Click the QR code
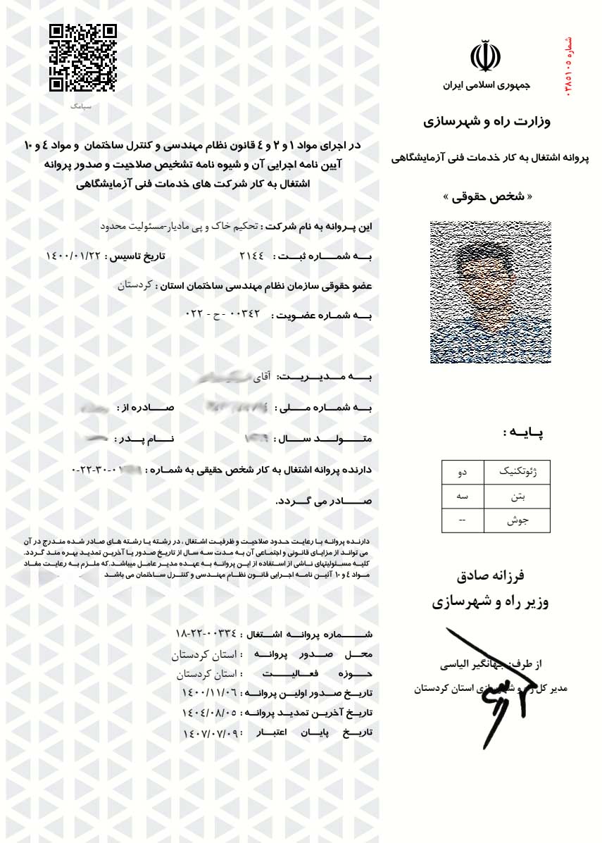[x=82, y=58]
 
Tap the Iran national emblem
[x=485, y=56]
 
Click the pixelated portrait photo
[x=490, y=292]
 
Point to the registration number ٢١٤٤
[x=251, y=256]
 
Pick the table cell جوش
[x=517, y=520]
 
